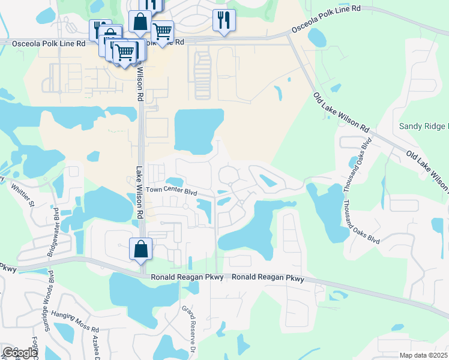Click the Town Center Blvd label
coord(172,191)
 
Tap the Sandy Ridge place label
coord(424,127)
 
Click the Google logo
coord(19,352)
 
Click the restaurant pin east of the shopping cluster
coord(224,20)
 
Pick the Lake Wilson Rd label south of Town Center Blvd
coord(139,192)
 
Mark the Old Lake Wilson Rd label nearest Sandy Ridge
coord(427,172)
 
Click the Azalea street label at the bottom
coord(94,345)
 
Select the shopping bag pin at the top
coord(140,22)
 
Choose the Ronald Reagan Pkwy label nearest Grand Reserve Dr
coord(187,277)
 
